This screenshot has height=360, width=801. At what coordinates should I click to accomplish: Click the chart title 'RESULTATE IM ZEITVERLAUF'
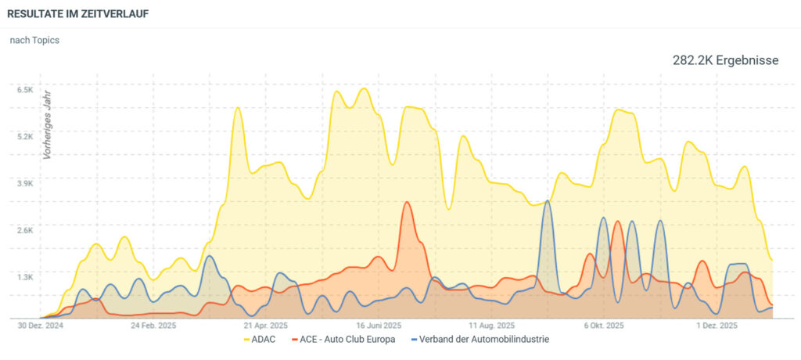pos(78,14)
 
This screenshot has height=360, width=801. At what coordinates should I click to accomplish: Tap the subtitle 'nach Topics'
pos(34,40)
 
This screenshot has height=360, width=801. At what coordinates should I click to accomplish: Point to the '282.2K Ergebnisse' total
pos(725,60)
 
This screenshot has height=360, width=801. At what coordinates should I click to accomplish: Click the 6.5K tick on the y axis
pos(25,90)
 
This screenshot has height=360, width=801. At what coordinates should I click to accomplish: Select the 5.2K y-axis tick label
pos(25,136)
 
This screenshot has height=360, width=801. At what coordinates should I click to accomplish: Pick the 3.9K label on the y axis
pos(25,183)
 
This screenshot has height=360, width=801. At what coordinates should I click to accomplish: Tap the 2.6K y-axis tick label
pos(25,230)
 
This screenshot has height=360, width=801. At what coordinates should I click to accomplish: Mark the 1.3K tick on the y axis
pos(25,277)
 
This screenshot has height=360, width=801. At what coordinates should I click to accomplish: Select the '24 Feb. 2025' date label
pos(153,325)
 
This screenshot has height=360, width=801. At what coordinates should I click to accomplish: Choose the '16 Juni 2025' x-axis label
pos(379,325)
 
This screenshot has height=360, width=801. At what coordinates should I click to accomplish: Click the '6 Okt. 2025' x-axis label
pos(604,325)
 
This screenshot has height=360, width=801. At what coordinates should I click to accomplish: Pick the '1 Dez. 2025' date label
pos(717,325)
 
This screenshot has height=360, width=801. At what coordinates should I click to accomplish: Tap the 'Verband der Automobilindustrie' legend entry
pos(478,340)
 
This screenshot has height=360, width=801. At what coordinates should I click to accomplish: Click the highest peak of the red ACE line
pos(406,202)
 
